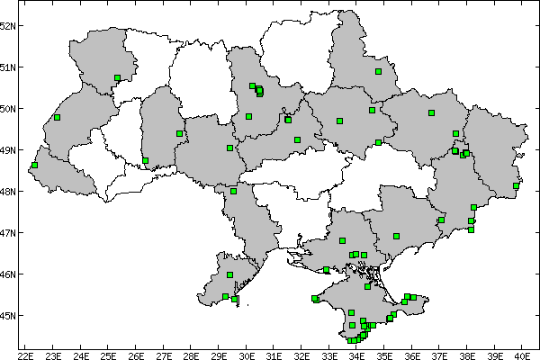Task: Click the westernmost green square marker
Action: (34, 166)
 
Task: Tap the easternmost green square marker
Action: (516, 186)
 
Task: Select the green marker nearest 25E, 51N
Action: (118, 78)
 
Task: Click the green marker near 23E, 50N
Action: (57, 118)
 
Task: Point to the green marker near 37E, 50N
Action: (431, 113)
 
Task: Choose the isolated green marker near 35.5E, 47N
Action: (396, 237)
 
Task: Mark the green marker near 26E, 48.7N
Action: (145, 161)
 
